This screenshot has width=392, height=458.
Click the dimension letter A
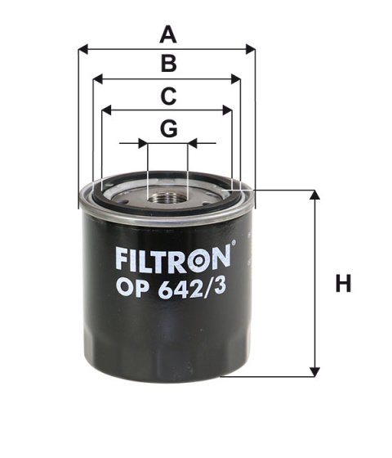click(x=167, y=34)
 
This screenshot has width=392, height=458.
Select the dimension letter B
click(x=167, y=64)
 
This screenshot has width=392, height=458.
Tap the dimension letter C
click(x=167, y=96)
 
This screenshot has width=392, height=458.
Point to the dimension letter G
click(x=167, y=128)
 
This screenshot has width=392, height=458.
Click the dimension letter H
click(x=343, y=285)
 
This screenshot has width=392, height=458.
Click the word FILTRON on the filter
click(x=171, y=259)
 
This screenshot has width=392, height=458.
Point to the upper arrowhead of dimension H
click(x=314, y=195)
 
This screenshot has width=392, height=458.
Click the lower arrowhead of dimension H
click(x=314, y=371)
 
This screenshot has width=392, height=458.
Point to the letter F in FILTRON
click(x=119, y=259)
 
